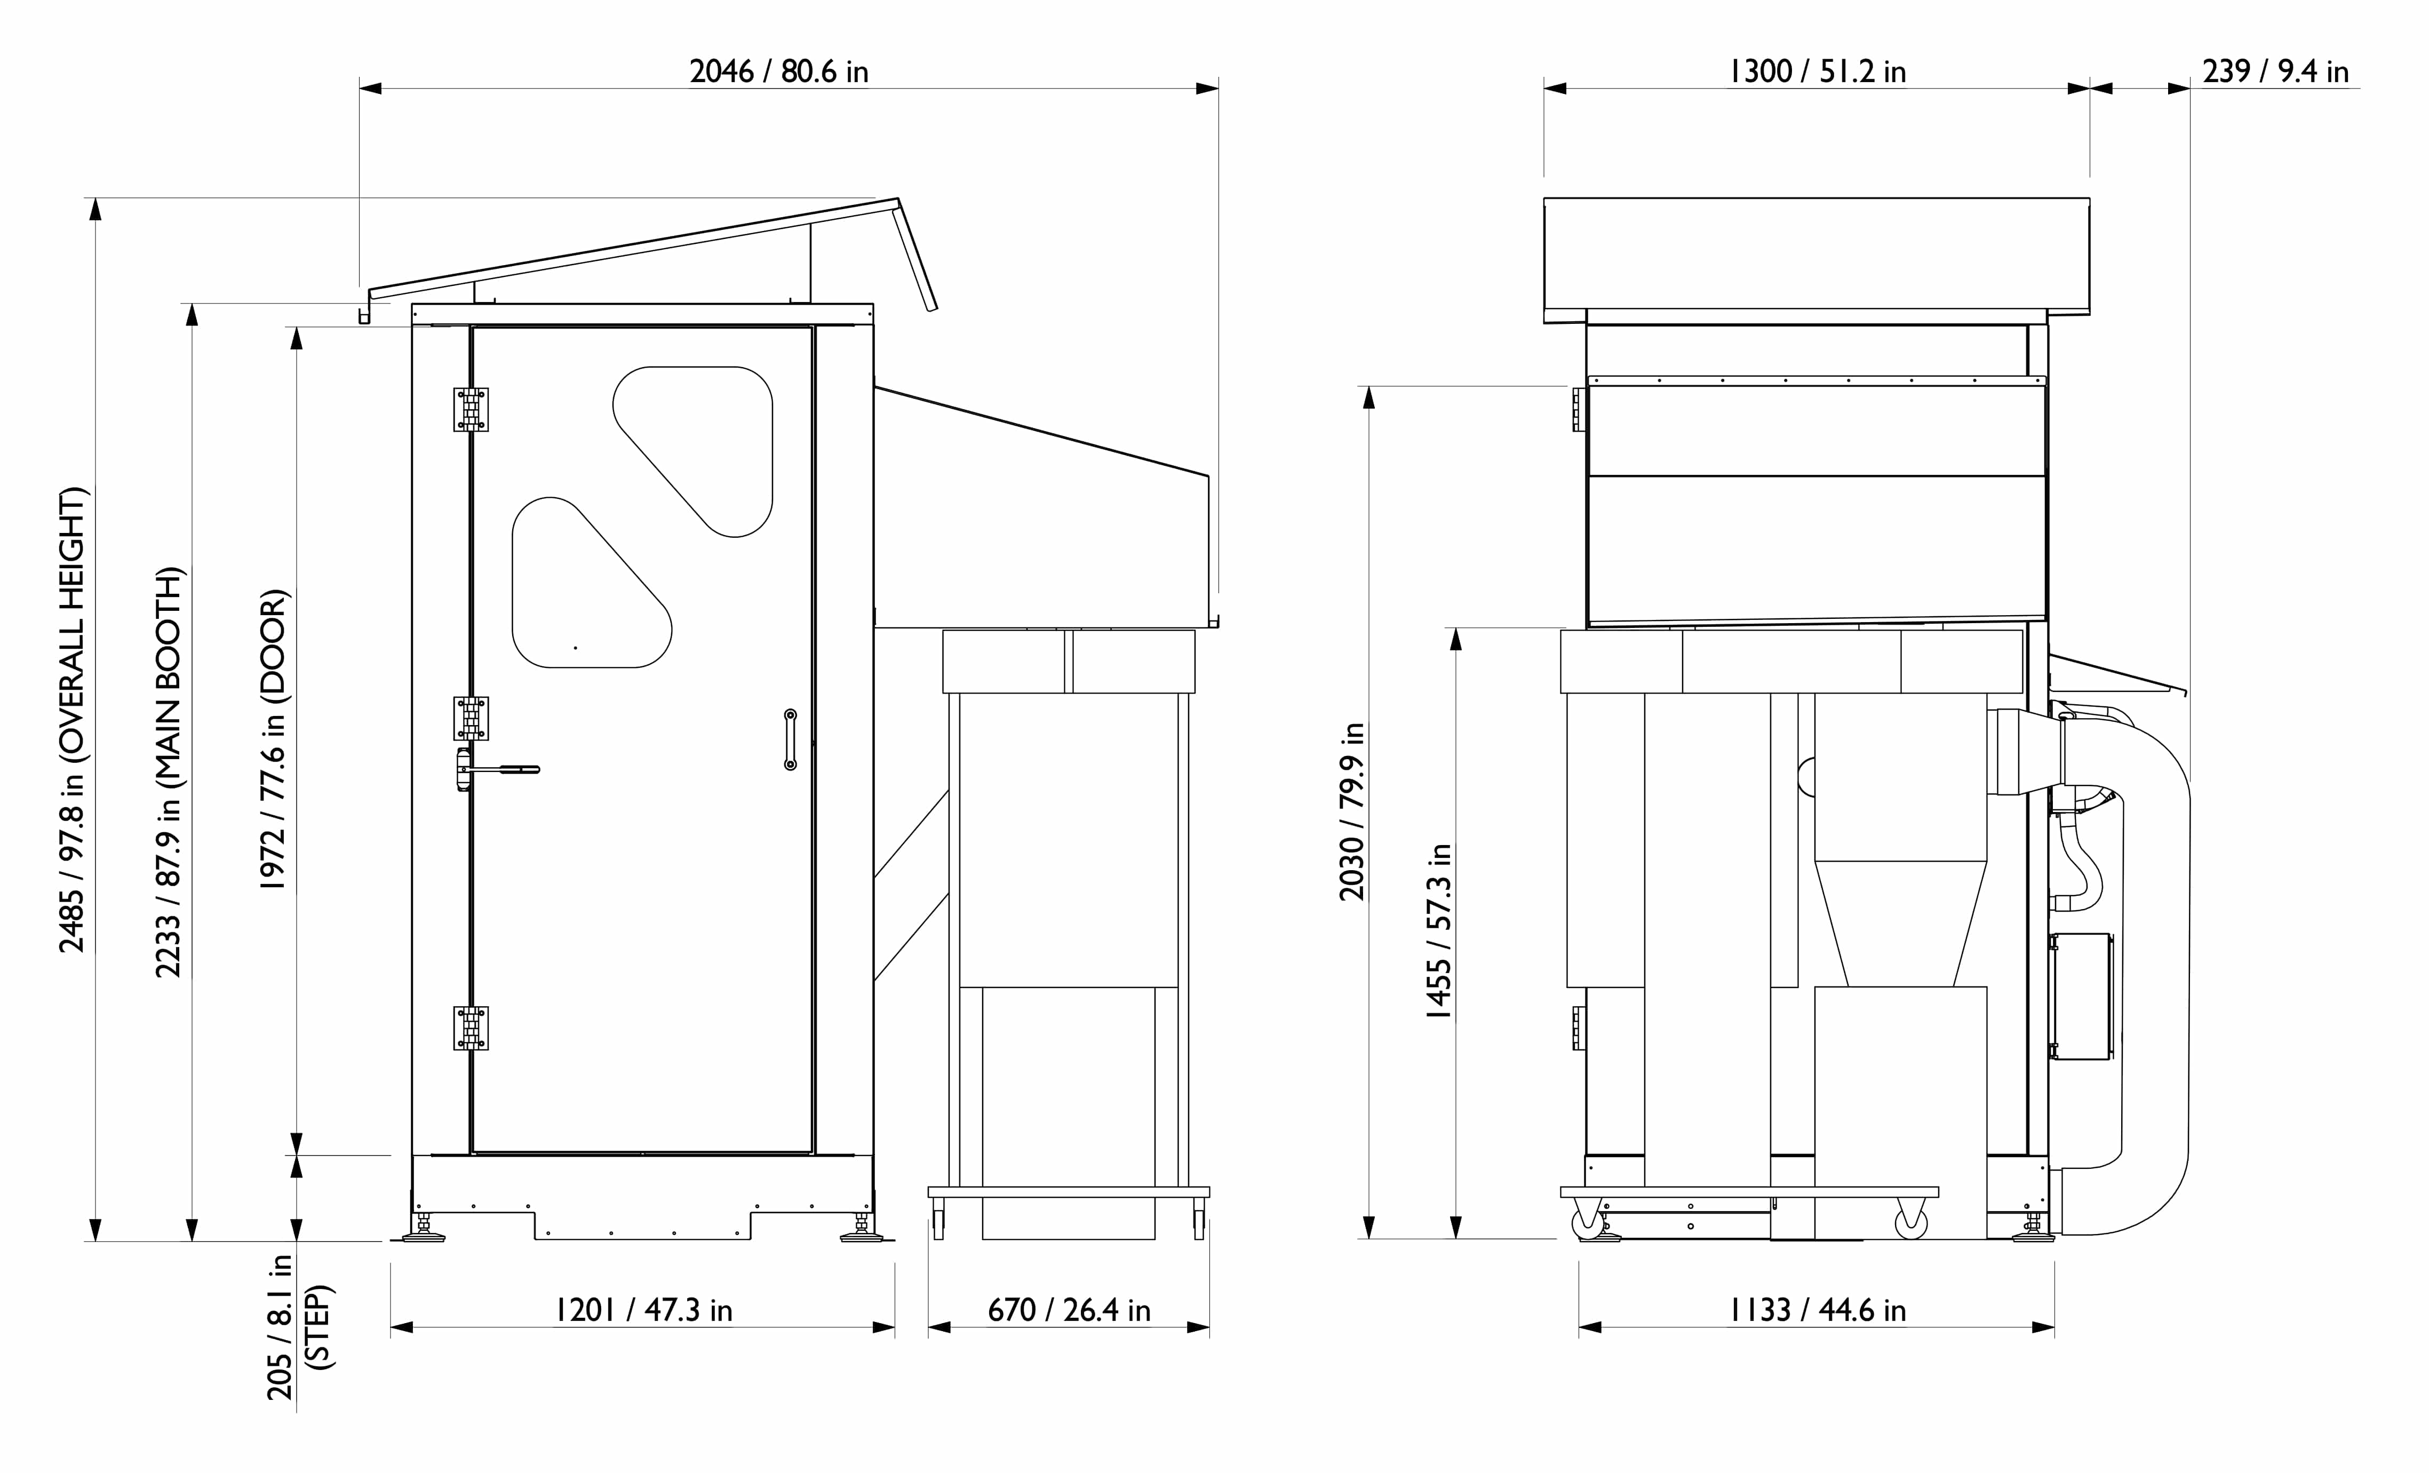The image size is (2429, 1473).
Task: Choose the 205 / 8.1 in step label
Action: pyautogui.click(x=298, y=1326)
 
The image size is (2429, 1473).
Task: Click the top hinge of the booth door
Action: pyautogui.click(x=470, y=409)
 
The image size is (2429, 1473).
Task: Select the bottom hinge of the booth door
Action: pyautogui.click(x=470, y=1028)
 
